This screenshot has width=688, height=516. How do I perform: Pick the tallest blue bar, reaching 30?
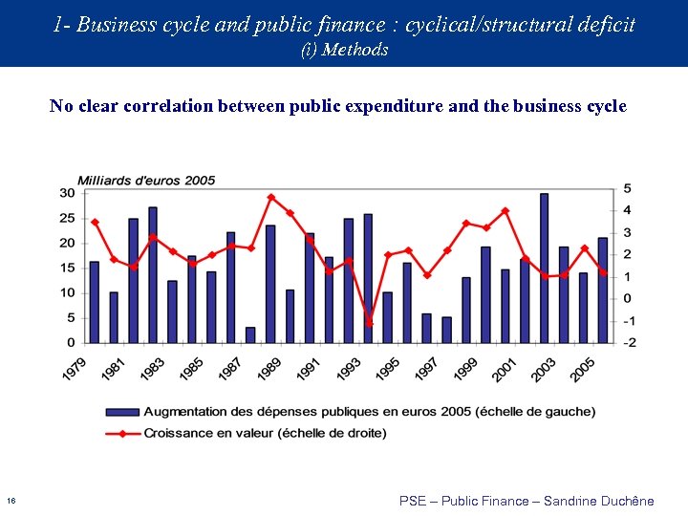(544, 268)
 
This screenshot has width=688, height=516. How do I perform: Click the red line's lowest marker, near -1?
(369, 324)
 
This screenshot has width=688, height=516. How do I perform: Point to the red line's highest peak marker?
(270, 198)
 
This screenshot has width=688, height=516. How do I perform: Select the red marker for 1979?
(95, 223)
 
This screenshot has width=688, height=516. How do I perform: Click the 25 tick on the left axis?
(67, 218)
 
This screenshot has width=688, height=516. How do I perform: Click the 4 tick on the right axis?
(627, 210)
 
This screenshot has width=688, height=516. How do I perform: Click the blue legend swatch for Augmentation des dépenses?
(122, 412)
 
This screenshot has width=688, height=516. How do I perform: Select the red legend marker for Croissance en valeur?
(122, 433)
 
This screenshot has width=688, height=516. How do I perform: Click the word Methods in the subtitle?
(355, 50)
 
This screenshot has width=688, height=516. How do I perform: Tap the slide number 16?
(10, 501)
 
